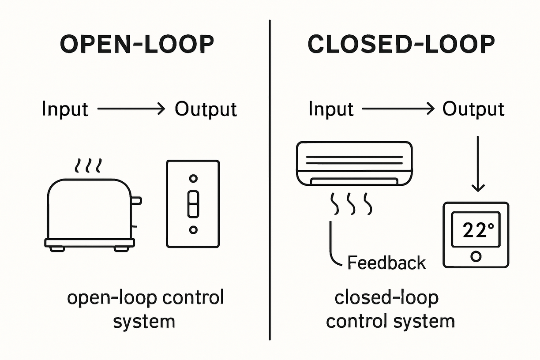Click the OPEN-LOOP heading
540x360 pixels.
pos(137,45)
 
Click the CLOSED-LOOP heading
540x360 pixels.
pos(401,45)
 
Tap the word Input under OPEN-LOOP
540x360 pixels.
pos(65,109)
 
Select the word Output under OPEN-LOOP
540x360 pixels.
pos(206,109)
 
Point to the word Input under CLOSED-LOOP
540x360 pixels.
pos(331,109)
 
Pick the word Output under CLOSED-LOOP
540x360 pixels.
pos(473,109)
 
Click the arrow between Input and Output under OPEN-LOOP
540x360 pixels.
pos(131,109)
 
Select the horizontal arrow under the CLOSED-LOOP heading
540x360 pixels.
pos(397,109)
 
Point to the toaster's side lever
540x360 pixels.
pos(137,201)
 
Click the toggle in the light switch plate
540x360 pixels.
pos(193,204)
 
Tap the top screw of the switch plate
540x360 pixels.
pos(193,178)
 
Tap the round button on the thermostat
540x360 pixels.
pos(476,256)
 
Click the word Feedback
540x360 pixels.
pos(386,262)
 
